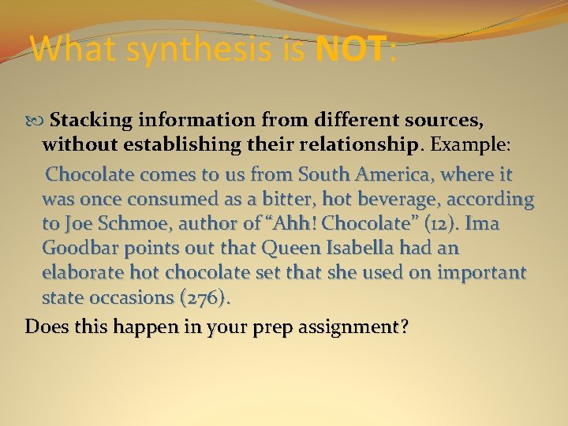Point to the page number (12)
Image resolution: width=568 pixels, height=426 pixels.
pos(433,223)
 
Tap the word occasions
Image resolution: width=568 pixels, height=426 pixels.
pos(130,298)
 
